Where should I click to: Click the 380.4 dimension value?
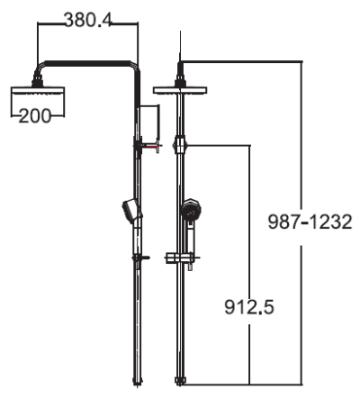[88, 21]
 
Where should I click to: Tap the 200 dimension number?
[35, 116]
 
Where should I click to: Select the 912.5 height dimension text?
[249, 307]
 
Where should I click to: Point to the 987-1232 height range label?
[310, 222]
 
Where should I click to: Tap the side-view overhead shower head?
[38, 91]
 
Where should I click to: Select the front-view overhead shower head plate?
[180, 90]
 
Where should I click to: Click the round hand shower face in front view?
[191, 210]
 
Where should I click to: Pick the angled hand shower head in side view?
[131, 211]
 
